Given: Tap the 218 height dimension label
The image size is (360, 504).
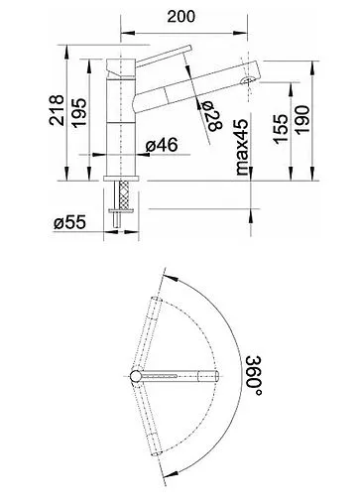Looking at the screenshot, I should [58, 113].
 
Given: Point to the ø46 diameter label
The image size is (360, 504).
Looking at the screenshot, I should [161, 146].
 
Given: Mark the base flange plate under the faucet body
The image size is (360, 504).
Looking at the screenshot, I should [125, 176].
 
